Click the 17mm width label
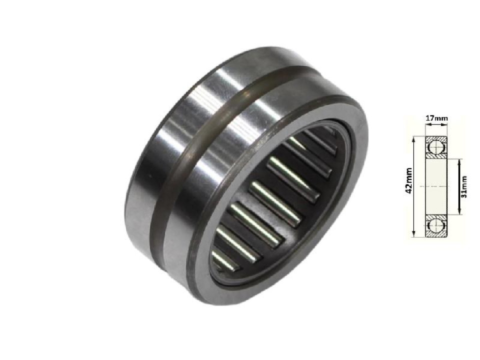436,118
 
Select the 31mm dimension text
464,186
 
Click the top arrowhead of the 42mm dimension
414,140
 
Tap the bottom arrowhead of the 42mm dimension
414,233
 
